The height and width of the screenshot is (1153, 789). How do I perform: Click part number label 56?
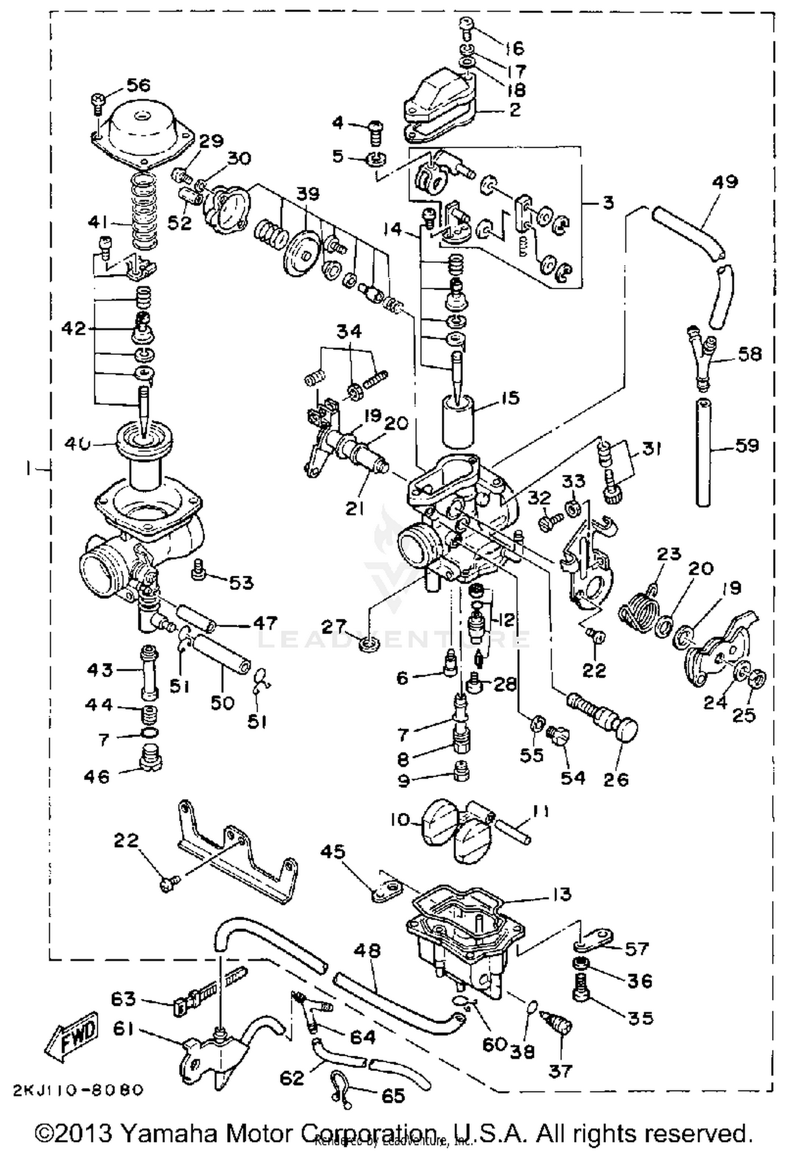coord(139,85)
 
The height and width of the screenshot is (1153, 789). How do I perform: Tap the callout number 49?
coord(725,182)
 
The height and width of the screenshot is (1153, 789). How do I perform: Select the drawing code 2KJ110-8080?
coord(76,1091)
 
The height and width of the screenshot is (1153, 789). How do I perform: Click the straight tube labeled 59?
coord(703,452)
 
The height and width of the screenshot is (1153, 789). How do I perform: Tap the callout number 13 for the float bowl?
coord(562,893)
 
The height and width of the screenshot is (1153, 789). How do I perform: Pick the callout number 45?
coord(332,851)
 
